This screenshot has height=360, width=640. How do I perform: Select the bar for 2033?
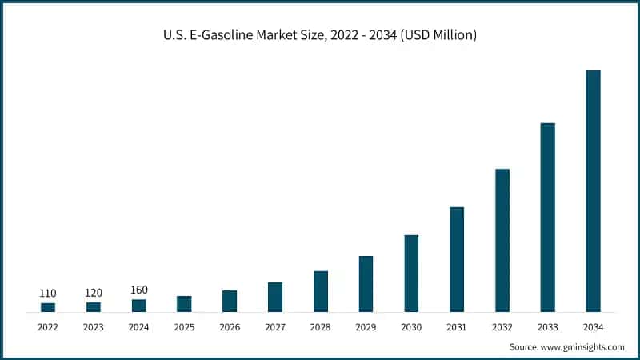(x=547, y=217)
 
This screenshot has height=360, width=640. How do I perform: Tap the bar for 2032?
(x=502, y=240)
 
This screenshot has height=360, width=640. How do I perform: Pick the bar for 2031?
(x=457, y=259)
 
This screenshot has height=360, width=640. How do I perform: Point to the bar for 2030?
(x=411, y=273)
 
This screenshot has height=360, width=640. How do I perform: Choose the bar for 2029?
(x=366, y=283)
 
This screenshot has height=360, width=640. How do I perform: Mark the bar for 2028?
(x=321, y=291)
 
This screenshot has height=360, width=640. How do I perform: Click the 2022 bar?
(x=48, y=307)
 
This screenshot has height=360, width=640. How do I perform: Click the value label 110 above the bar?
(x=48, y=294)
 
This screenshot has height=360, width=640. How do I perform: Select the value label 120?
(x=94, y=293)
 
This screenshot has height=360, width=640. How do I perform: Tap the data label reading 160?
(x=139, y=290)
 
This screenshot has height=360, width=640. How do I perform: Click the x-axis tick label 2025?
(x=184, y=327)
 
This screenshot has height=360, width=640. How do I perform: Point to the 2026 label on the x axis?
(x=230, y=327)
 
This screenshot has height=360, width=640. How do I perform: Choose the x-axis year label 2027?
(x=275, y=327)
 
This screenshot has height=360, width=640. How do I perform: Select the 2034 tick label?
(x=593, y=327)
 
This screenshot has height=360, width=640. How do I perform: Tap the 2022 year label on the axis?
(x=48, y=327)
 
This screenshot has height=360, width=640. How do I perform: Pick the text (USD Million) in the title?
(x=437, y=36)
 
